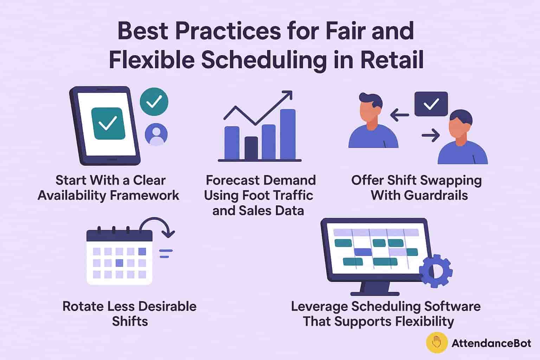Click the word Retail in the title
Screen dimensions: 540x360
pos(392,59)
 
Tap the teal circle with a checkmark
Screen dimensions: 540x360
pos(154,102)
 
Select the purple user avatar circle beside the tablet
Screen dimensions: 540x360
pos(156,135)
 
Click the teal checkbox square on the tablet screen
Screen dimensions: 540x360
pos(108,123)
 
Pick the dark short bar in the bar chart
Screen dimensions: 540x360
pos(251,148)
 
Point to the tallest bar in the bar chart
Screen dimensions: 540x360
pos(288,134)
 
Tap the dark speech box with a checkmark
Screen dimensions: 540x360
pos(431,104)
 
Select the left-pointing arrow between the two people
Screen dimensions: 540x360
pos(399,115)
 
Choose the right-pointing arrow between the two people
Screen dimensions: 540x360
pos(431,135)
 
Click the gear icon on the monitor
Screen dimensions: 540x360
pos(436,271)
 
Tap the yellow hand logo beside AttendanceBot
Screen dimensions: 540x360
pos(437,342)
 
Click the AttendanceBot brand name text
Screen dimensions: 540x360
pos(491,343)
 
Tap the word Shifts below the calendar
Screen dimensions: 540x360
pos(130,321)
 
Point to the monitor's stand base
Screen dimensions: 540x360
pos(375,294)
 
